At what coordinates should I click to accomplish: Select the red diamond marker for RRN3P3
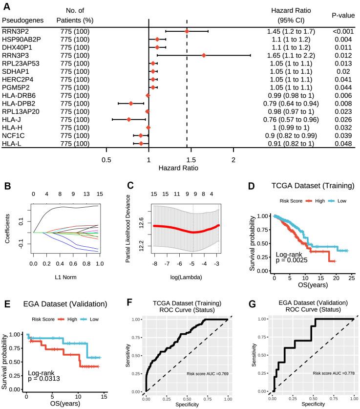pos(204,55)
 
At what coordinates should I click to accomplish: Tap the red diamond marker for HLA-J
pos(129,119)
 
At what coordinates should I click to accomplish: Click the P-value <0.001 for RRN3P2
pos(340,31)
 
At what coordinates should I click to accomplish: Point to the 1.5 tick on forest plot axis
pos(191,160)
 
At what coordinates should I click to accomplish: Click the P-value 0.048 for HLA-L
pos(340,143)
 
